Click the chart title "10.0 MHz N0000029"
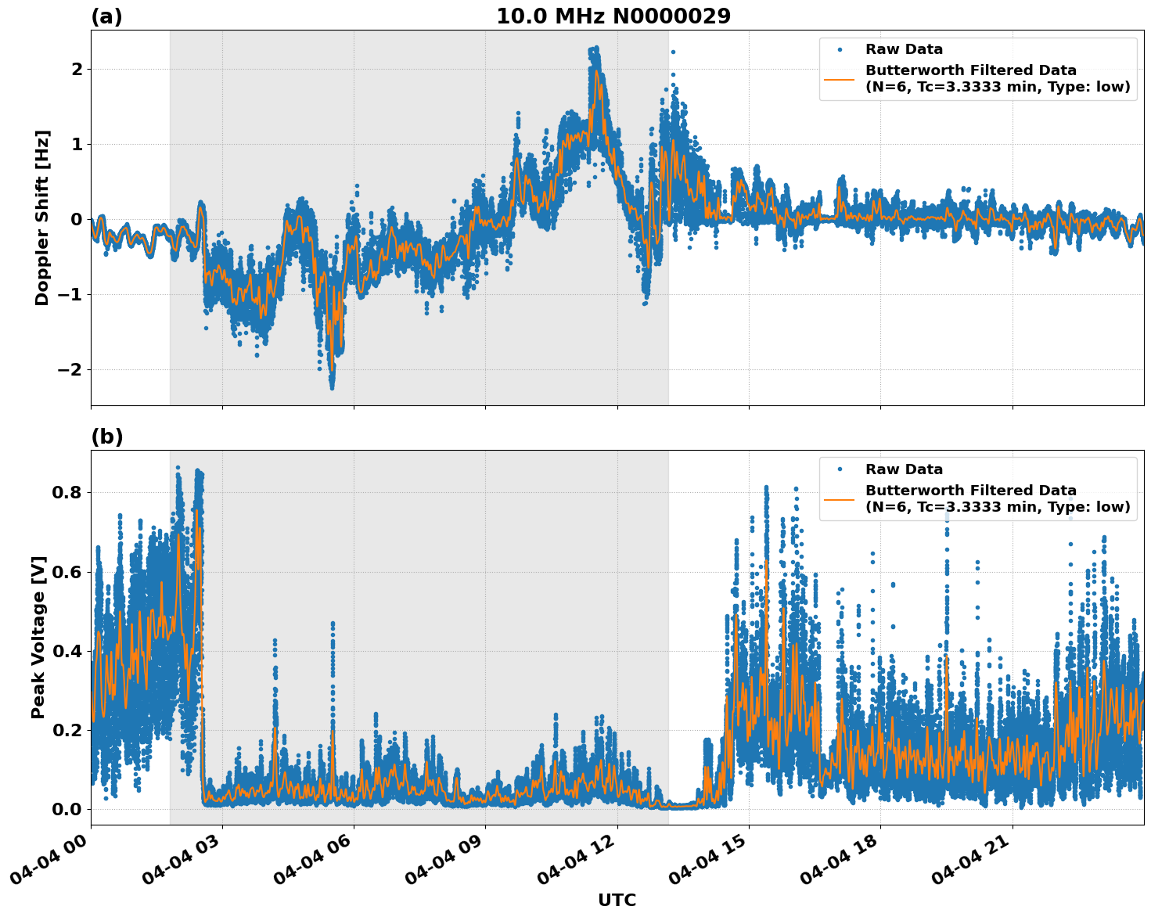(x=613, y=16)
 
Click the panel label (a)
(x=106, y=16)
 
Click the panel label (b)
(x=106, y=437)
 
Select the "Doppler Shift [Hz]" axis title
(x=42, y=218)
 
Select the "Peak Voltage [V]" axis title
(x=38, y=637)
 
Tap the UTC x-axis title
(x=617, y=900)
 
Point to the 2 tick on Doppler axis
(x=77, y=70)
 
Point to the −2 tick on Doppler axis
(x=69, y=369)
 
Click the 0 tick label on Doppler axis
(x=77, y=219)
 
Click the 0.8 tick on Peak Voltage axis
(x=67, y=493)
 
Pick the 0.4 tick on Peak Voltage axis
(x=67, y=651)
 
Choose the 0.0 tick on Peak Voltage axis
(x=67, y=809)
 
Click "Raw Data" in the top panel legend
(x=904, y=49)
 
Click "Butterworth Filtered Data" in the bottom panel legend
(x=970, y=491)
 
